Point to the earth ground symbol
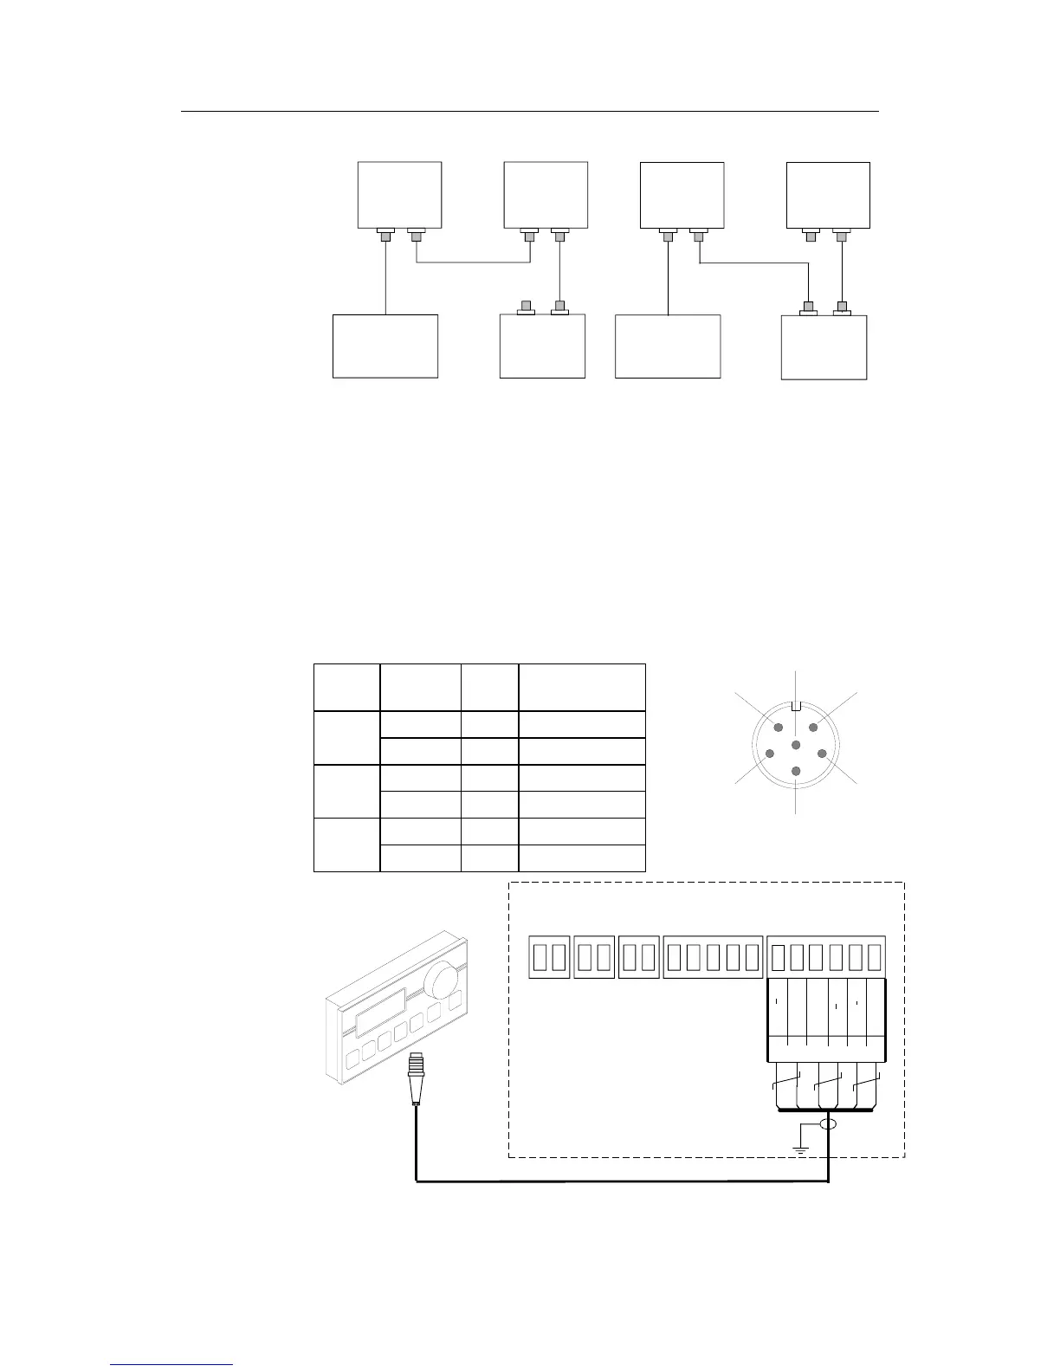click(800, 1149)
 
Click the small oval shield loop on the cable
click(829, 1124)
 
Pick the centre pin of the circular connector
click(796, 745)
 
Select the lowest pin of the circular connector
click(796, 769)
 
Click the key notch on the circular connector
click(796, 705)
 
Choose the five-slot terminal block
click(713, 956)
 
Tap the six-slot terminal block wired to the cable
click(826, 956)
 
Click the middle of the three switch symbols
click(829, 1084)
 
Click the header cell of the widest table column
click(582, 688)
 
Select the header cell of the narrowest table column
click(489, 688)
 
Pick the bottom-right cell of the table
click(582, 857)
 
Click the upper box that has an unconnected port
click(827, 195)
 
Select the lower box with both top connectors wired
click(824, 347)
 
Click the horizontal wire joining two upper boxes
click(473, 262)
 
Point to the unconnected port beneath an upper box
click(811, 234)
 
